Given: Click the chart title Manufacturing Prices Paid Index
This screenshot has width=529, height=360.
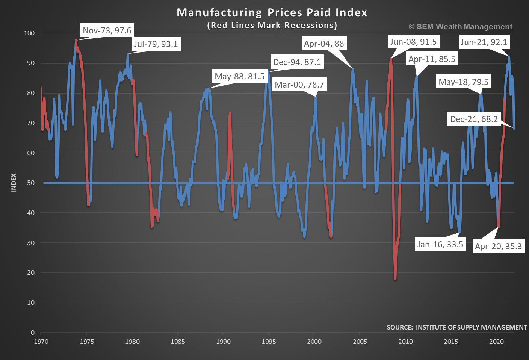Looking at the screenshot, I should coord(272,12).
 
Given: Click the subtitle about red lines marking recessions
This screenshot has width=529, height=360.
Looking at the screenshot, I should coord(272,25).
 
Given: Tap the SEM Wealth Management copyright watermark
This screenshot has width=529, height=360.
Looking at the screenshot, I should coord(460,27).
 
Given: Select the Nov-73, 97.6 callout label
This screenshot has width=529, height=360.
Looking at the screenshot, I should coord(107,30).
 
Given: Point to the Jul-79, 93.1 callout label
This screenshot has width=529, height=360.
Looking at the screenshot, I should coord(156,44).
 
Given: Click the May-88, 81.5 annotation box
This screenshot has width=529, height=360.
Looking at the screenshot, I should coord(240,76).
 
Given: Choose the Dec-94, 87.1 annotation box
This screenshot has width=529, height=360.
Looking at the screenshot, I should coord(297,62).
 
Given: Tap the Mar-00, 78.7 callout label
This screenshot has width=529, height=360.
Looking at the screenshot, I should coord(299,85).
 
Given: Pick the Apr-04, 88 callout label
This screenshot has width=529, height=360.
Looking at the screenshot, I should coord(324,44).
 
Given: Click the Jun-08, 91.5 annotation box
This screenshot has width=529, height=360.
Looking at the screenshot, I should coord(413,42).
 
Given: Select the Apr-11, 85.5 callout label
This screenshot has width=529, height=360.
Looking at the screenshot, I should coord(432,59).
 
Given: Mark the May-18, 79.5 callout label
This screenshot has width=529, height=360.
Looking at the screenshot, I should coord(464,82).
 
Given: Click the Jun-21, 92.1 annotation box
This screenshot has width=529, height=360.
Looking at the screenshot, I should coord(484,42).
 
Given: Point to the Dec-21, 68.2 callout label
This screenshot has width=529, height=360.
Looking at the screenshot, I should coord(474,119).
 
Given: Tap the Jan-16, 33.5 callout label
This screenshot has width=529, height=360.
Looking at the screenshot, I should coord(440,244).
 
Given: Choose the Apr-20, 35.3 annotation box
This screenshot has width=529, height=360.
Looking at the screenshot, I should coord(498,246).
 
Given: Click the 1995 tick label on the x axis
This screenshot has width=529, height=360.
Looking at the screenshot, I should coord(269,342).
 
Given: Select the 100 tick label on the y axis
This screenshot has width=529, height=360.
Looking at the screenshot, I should coord(29,33).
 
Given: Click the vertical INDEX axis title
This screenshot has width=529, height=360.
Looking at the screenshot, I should coord(14,183).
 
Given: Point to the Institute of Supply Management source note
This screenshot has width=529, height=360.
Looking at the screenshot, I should coord(457,327).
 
